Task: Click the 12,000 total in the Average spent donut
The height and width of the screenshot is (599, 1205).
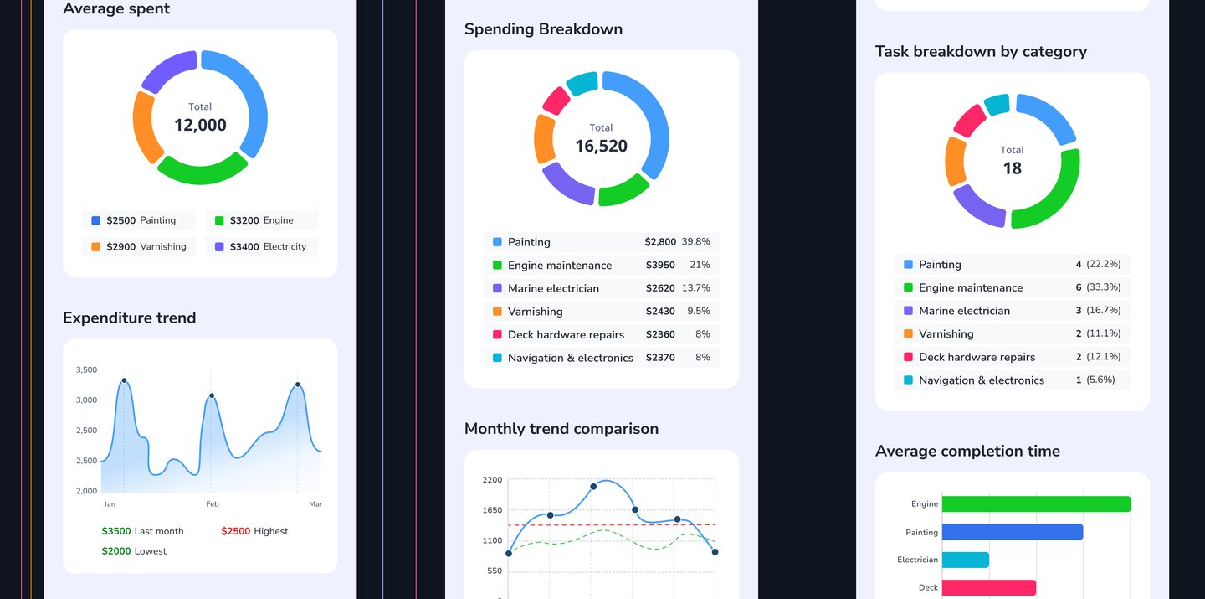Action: [200, 125]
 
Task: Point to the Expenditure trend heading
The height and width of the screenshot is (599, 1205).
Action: [129, 318]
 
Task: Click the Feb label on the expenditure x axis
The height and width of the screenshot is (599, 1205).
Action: [212, 504]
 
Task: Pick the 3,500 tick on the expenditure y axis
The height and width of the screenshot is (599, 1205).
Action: [86, 369]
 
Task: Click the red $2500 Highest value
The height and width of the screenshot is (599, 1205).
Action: [235, 531]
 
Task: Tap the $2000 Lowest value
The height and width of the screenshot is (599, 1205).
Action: [116, 551]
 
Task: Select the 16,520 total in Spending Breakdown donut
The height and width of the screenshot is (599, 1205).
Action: [601, 146]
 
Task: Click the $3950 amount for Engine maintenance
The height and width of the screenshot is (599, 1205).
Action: [660, 265]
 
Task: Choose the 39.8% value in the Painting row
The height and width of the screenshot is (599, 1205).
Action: [695, 241]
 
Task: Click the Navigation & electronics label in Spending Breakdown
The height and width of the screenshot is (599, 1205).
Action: [570, 358]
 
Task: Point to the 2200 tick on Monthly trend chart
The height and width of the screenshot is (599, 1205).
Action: [492, 480]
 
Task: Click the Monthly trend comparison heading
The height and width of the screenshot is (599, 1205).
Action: [561, 429]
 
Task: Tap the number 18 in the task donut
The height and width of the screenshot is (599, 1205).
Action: [1012, 168]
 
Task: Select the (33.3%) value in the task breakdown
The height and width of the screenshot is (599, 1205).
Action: [1103, 287]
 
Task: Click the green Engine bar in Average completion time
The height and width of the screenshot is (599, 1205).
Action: [1035, 504]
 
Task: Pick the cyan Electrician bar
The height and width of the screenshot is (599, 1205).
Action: [965, 560]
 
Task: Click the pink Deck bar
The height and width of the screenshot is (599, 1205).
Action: [988, 588]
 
